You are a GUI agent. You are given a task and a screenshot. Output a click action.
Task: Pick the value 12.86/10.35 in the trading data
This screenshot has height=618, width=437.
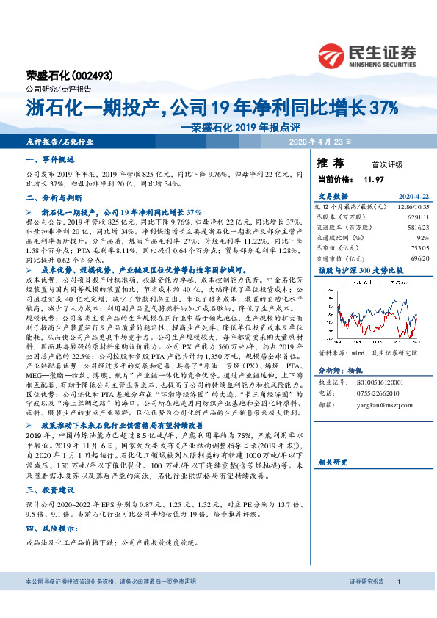coord(411,207)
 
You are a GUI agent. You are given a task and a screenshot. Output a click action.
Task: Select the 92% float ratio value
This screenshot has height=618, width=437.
coord(422,238)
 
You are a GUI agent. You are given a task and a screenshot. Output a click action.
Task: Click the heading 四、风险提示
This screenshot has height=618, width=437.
coord(50,528)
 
